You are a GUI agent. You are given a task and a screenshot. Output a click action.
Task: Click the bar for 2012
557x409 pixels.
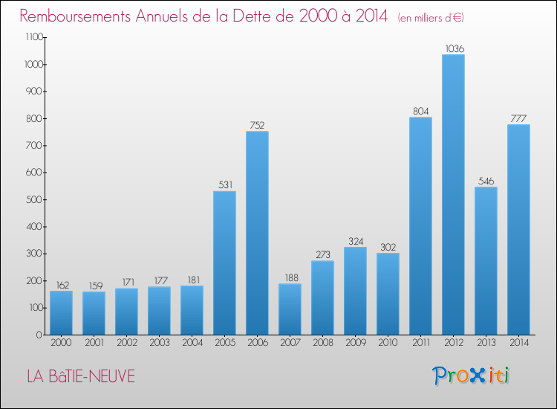pos(453,195)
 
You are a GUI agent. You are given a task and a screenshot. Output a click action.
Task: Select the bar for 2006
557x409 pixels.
pos(257,233)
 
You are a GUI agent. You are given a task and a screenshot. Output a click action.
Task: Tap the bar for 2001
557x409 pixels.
pos(94,313)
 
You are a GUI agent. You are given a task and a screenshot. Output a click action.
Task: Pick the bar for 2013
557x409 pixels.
pos(486,260)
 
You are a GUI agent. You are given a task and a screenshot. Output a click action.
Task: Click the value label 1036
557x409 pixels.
pos(453,48)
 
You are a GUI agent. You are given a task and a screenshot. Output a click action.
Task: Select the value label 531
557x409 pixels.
pos(224,185)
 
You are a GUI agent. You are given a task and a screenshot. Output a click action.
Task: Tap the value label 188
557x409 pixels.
pos(290,277)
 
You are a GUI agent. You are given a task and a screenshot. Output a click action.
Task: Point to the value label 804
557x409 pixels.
pos(420,112)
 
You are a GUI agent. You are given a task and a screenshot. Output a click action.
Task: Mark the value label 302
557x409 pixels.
pos(388,247)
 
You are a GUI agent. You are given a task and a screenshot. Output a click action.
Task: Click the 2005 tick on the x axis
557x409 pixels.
pos(224,343)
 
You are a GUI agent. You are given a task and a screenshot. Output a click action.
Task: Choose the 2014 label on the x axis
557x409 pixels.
pos(518,343)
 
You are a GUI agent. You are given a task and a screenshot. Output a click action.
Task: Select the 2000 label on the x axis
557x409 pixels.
pos(61,343)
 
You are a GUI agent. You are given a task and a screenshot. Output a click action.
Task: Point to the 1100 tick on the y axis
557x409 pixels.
pos(32,37)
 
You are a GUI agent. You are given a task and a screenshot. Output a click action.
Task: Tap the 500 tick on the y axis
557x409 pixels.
pos(34,199)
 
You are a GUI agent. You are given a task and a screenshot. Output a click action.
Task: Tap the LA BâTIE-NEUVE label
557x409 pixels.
pos(82,376)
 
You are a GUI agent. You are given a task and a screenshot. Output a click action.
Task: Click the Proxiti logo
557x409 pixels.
pos(470,376)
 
